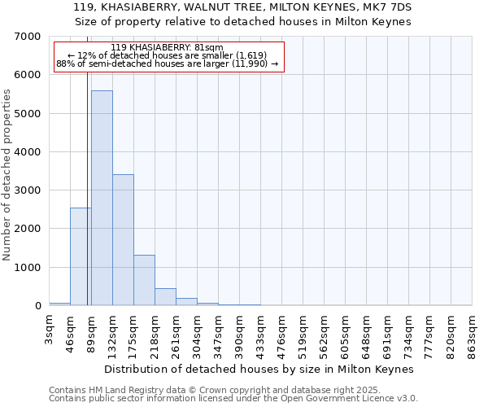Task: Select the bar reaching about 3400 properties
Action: pyautogui.click(x=123, y=240)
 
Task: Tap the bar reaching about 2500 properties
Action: pyautogui.click(x=81, y=256)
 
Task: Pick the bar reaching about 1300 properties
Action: pyautogui.click(x=144, y=280)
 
